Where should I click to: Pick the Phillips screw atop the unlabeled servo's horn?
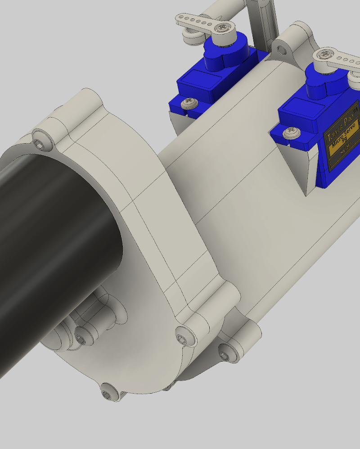tap(221, 28)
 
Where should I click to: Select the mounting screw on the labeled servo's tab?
tap(291, 132)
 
